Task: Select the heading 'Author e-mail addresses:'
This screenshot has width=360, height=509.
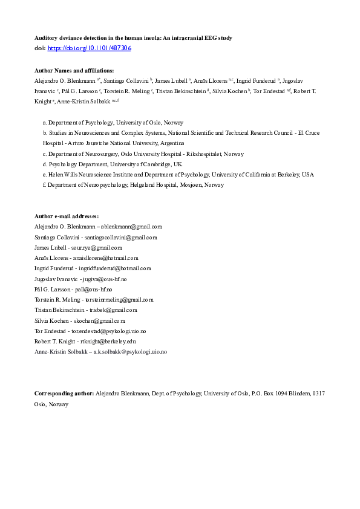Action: point(67,216)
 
